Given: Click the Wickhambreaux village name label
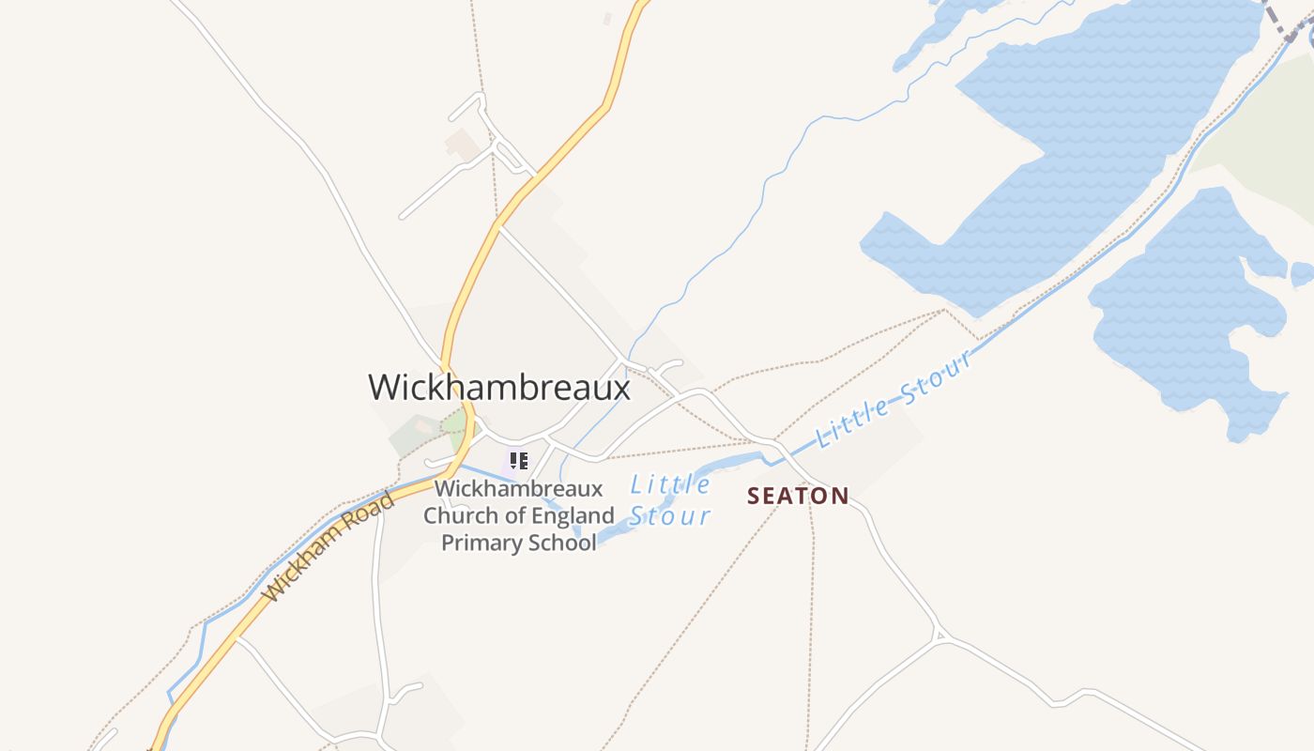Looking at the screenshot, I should (498, 387).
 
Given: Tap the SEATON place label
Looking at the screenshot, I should (798, 496).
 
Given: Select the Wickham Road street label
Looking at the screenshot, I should (328, 547).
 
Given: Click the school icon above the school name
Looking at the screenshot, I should (519, 460).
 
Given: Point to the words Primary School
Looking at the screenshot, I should (518, 543).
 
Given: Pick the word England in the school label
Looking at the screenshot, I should (573, 515).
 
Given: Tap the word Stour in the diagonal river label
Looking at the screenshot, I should (934, 379).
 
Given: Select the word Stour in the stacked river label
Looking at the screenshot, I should (669, 515).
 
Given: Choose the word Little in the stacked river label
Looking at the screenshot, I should (670, 484).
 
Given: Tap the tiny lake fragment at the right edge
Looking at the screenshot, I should (1301, 274).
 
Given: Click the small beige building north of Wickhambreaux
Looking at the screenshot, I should (463, 145).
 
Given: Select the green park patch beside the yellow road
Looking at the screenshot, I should (456, 429).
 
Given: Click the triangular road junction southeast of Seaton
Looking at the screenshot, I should (940, 636).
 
